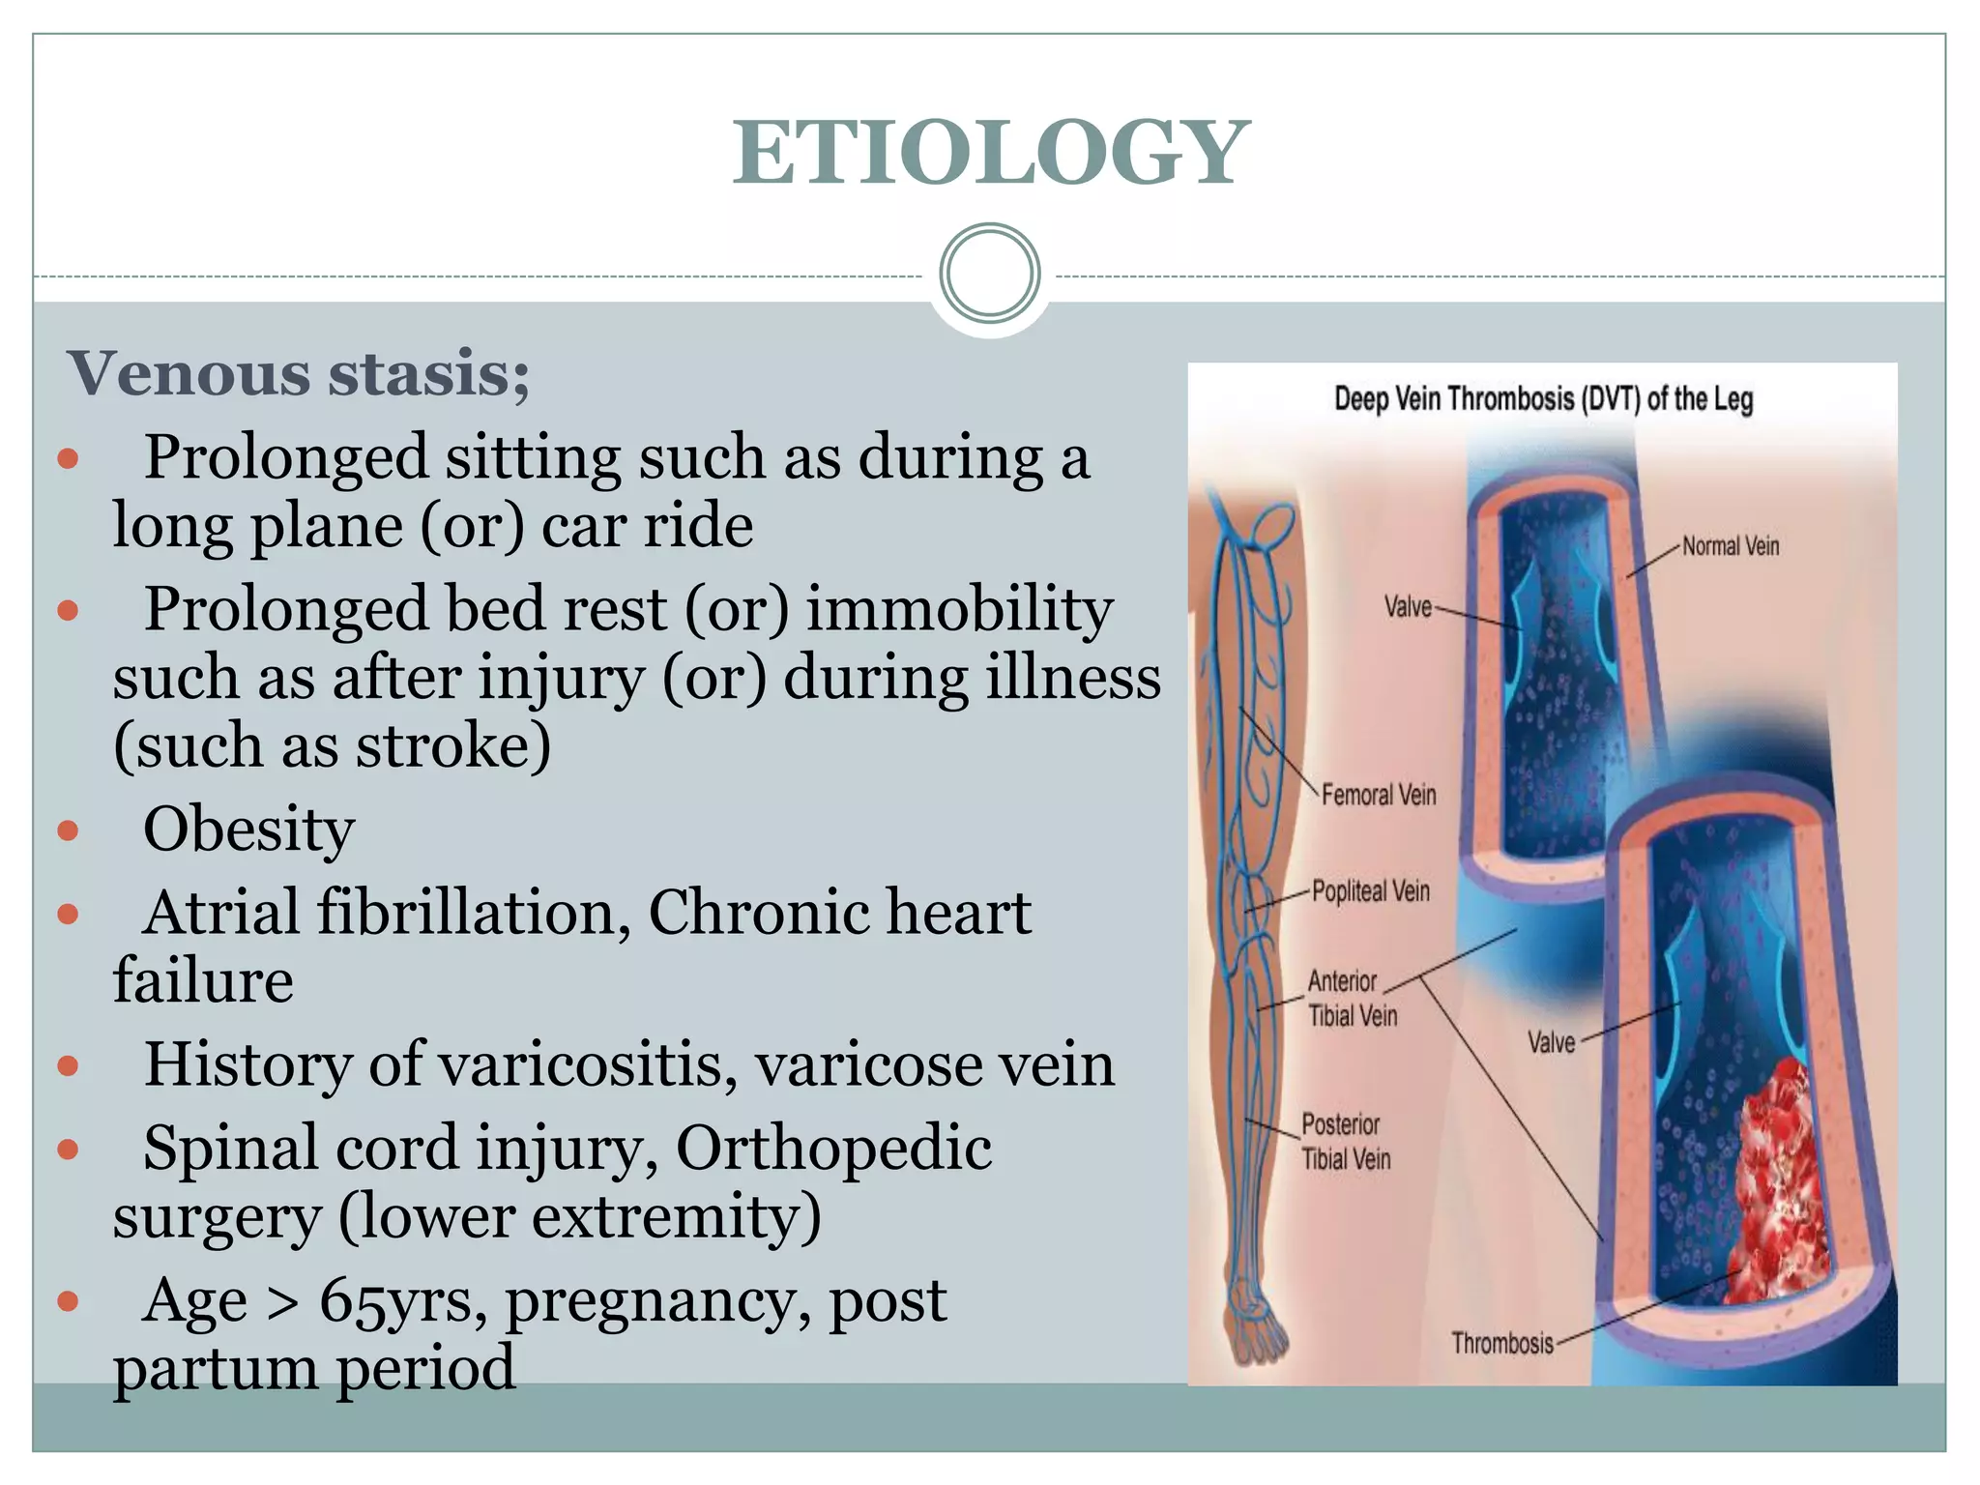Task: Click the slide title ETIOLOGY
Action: tap(990, 152)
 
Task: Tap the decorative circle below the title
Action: tap(989, 274)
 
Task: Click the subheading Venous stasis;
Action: tap(298, 374)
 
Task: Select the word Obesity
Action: tap(248, 830)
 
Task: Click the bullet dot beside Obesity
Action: tap(68, 830)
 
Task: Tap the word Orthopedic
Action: tap(833, 1149)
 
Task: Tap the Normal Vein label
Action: tap(1731, 546)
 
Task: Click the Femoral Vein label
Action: tap(1379, 795)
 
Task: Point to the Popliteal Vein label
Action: tap(1370, 891)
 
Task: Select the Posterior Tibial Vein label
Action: tap(1345, 1142)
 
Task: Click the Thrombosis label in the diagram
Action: tap(1502, 1343)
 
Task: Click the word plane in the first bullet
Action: tap(325, 527)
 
